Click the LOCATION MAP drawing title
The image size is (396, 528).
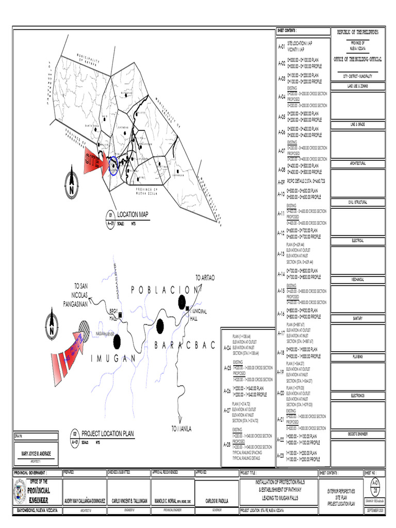133,214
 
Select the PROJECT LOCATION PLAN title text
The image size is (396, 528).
107,434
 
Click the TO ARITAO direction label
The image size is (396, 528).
205,278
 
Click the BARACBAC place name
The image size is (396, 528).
184,346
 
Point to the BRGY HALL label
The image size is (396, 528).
113,314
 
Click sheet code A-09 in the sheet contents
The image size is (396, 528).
281,182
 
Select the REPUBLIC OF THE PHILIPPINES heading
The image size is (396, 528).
358,32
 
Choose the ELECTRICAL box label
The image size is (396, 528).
358,241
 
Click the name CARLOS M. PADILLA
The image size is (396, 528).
217,501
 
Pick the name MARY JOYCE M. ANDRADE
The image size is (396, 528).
36,454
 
